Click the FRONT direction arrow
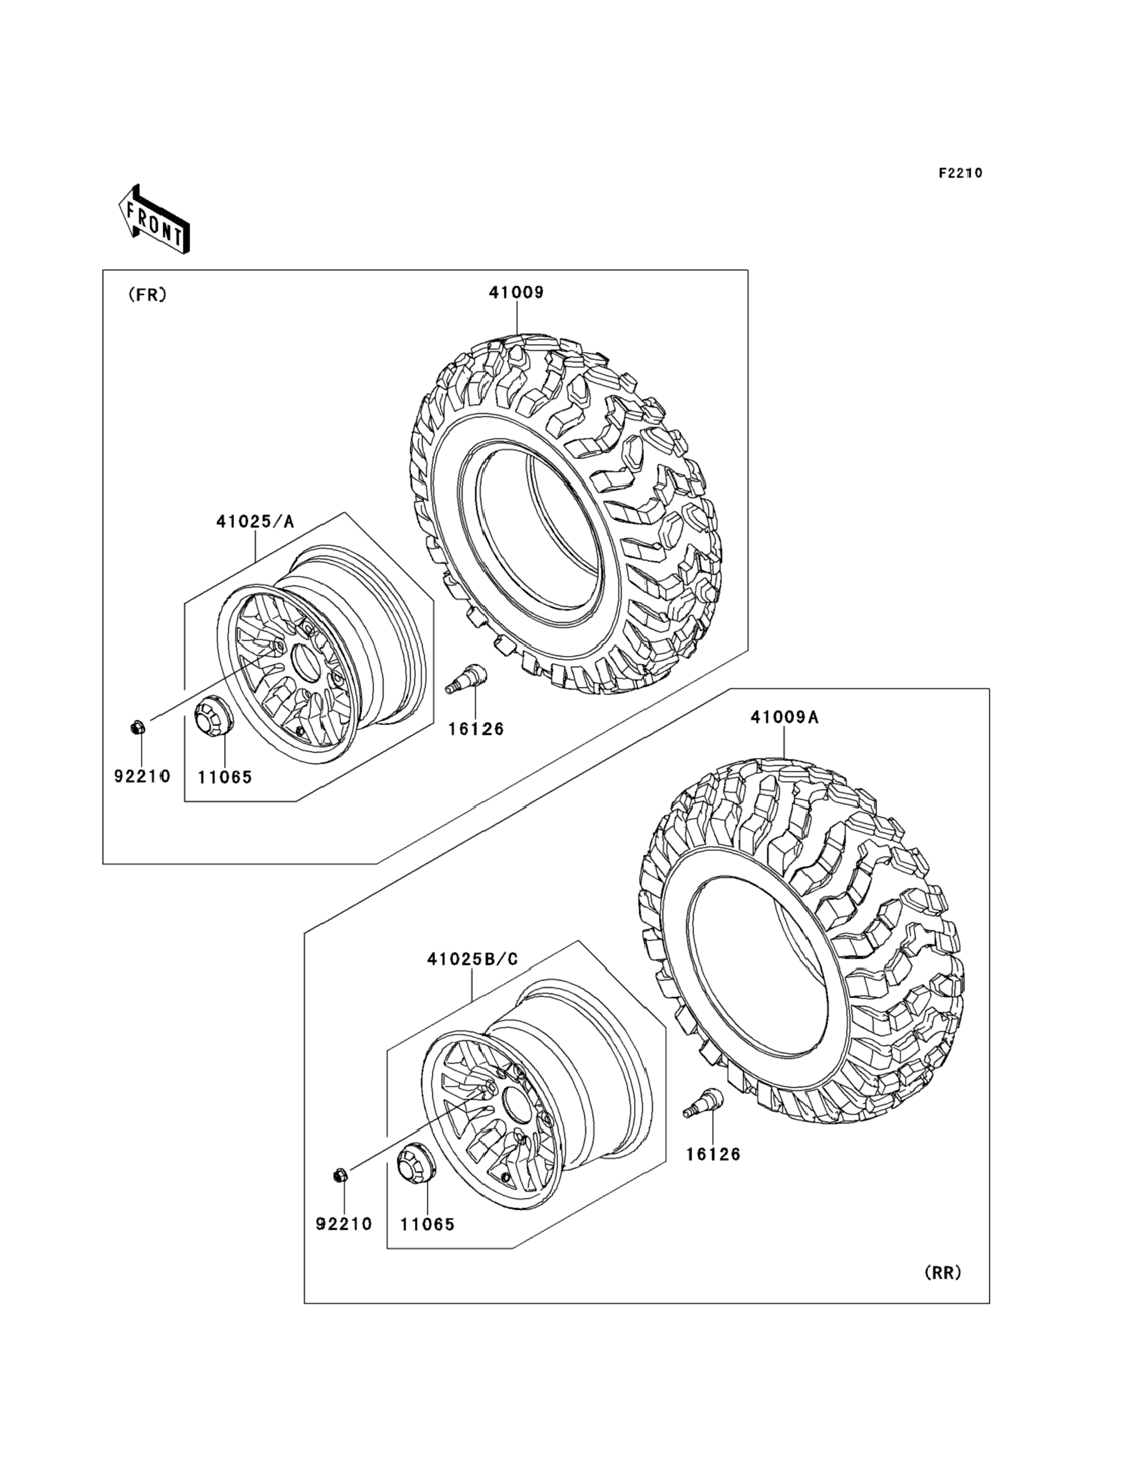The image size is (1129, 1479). [x=154, y=220]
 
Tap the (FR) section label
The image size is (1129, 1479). [x=147, y=295]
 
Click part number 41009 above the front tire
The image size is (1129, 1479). [x=516, y=292]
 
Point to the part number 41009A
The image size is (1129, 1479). [x=784, y=718]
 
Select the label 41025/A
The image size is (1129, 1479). [x=255, y=521]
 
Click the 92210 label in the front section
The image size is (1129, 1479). [x=142, y=776]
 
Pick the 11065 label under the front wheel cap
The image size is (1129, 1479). [x=225, y=778]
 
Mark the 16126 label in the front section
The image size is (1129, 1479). [x=476, y=729]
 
